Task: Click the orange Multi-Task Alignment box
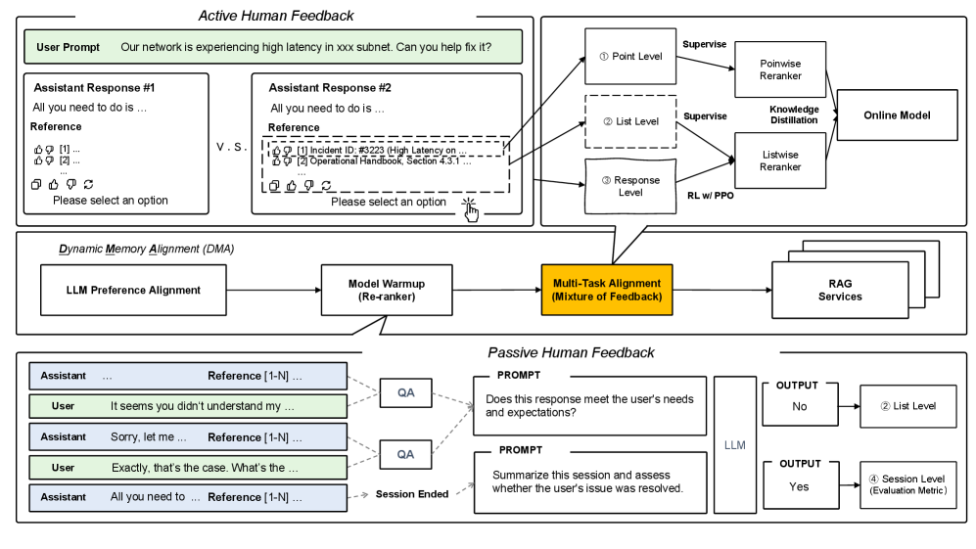[607, 291]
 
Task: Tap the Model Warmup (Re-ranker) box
[387, 291]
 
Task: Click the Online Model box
[897, 115]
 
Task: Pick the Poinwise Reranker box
[779, 69]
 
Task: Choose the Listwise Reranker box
[779, 160]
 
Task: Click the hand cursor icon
[472, 209]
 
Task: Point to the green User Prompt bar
[275, 46]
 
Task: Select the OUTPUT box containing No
[800, 400]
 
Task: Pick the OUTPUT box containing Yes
[800, 480]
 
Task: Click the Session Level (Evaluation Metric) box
[906, 484]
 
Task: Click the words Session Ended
[411, 494]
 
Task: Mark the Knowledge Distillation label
[794, 114]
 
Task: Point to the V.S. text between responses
[231, 147]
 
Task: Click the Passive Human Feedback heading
[571, 352]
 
